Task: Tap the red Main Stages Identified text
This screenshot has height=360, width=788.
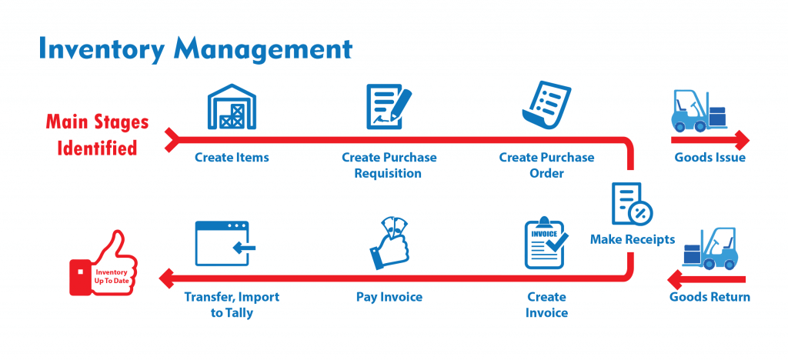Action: click(96, 134)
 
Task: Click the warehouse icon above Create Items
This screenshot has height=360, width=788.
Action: click(232, 108)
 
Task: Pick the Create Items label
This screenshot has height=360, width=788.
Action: click(232, 158)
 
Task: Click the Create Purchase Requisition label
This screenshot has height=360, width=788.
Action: click(389, 165)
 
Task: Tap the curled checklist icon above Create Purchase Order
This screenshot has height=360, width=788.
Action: click(544, 108)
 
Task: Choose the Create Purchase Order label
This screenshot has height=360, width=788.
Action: click(546, 165)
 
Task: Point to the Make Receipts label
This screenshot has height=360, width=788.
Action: click(632, 239)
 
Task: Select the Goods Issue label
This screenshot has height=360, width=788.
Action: click(710, 158)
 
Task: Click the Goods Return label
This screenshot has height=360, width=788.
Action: click(710, 297)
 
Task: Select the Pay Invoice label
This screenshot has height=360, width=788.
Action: click(389, 297)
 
